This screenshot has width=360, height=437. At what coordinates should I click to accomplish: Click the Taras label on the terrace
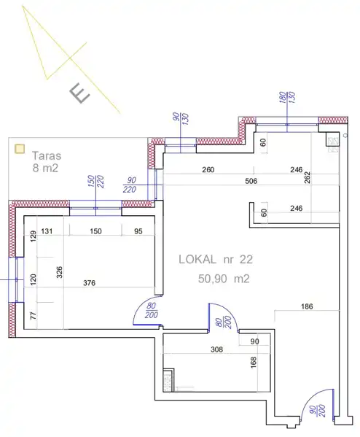coord(47,155)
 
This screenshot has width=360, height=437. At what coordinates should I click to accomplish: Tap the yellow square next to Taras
coord(20,149)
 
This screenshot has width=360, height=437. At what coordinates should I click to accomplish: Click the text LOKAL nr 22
coord(216,260)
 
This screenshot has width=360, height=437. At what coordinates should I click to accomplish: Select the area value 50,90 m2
coord(224,279)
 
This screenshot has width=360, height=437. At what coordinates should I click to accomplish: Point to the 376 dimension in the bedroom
coord(90,283)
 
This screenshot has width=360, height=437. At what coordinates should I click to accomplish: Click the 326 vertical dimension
coord(59,272)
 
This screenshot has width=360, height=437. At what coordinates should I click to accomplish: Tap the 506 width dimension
coord(251,181)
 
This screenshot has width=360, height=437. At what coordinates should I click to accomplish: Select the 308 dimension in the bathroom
coord(217,349)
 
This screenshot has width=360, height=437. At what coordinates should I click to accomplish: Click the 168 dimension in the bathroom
coord(254,363)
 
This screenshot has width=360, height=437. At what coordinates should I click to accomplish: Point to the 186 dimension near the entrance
coord(307,306)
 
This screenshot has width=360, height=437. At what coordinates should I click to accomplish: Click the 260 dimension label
coord(208,169)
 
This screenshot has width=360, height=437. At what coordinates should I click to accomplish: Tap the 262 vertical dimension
coord(307,177)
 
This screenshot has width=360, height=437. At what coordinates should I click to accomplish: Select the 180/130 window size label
coord(287,98)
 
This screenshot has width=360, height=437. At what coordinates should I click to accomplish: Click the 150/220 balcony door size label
coord(95,182)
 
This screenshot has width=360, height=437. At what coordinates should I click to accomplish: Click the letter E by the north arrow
coord(80,94)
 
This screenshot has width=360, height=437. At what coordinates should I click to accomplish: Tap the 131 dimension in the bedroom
coord(47,231)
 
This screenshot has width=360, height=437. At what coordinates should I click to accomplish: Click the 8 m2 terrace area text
coord(45,168)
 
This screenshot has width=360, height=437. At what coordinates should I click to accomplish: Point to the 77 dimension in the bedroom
coord(33,316)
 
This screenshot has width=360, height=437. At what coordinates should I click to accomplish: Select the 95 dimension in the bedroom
coord(138,231)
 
